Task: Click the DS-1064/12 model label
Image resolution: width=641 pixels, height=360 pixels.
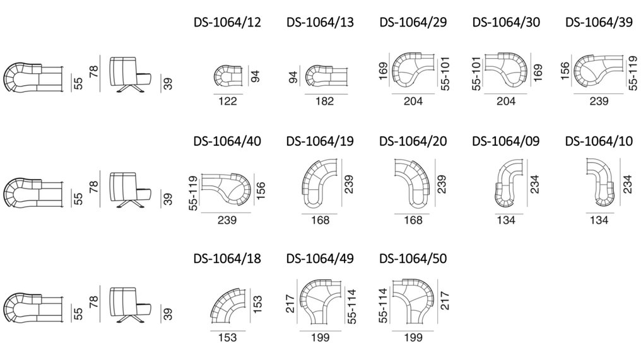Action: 227,22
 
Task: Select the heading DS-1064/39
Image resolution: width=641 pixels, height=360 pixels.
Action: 599,22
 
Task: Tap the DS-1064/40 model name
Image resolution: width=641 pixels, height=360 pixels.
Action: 227,141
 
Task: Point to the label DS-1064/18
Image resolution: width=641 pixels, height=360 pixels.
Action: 227,258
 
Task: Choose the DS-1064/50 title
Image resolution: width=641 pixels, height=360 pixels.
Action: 413,258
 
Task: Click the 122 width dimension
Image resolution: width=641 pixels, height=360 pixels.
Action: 228,101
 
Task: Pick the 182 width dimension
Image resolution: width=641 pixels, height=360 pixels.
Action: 324,101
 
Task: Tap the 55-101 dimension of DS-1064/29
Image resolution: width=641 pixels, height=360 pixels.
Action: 445,74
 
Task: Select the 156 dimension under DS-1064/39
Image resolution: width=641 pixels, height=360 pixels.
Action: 565,71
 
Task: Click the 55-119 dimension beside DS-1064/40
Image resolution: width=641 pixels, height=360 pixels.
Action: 193,194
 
